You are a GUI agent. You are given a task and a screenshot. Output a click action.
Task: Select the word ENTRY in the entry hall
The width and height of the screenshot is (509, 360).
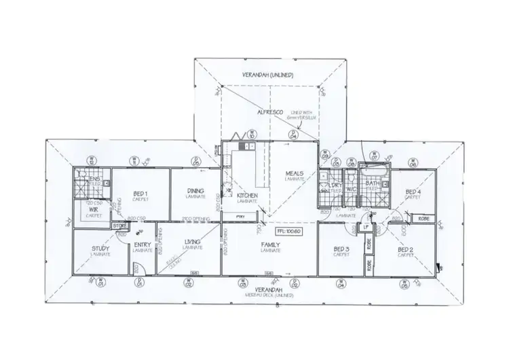coord(143,246)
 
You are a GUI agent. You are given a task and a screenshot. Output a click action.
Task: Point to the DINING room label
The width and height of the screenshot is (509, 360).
coord(195,192)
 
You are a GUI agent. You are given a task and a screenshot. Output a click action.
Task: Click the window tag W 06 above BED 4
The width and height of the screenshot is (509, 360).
coord(413,162)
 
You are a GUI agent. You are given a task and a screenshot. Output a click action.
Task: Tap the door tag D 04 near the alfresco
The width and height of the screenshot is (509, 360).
coord(294,134)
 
